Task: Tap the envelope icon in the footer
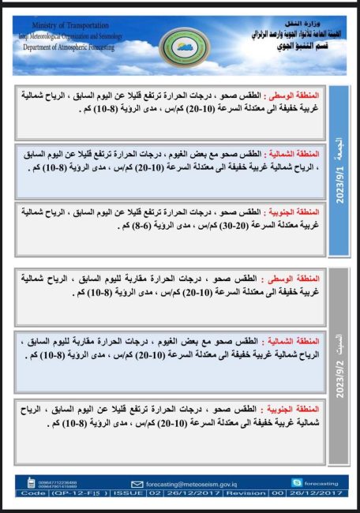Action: [137, 483]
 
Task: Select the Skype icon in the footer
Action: [297, 482]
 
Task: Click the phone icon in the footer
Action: [31, 482]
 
